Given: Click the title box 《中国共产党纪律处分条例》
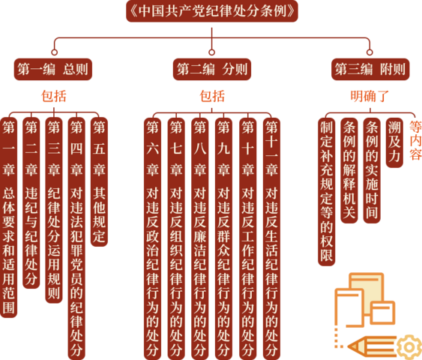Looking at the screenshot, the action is click(212, 11).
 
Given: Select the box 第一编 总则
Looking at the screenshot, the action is click(53, 69).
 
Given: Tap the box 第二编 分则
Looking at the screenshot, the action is click(212, 69).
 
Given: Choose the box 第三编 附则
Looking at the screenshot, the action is click(370, 69).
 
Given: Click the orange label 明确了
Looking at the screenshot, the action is click(370, 96).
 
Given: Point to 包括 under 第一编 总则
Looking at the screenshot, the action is click(54, 96).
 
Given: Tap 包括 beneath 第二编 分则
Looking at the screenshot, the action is click(212, 96).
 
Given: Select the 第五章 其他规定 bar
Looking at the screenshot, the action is click(99, 182).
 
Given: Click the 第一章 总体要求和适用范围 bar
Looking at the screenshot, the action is click(8, 217).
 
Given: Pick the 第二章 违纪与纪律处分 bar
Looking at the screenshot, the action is click(31, 203).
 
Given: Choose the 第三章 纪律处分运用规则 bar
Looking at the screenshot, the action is click(54, 210).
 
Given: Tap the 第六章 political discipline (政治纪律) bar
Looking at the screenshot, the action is click(153, 238).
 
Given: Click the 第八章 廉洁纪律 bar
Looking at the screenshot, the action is click(200, 238).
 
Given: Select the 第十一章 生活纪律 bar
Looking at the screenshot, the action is click(271, 238).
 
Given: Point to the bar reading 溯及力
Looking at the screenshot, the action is click(394, 142).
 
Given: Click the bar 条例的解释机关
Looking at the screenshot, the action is click(349, 170).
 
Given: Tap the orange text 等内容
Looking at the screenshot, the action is click(415, 140).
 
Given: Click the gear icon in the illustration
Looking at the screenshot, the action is click(409, 347).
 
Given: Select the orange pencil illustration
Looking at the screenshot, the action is click(372, 346).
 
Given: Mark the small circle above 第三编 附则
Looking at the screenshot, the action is click(370, 52).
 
